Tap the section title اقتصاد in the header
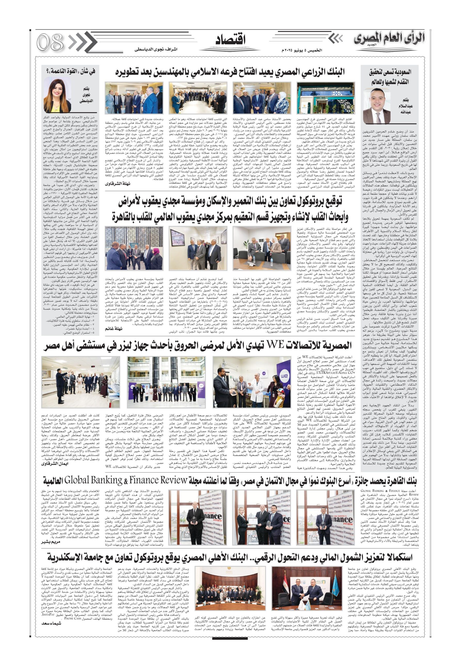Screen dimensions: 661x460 tap(230, 40)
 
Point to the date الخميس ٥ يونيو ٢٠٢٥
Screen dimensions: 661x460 tap(302, 50)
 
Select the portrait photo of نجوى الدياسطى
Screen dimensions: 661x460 tap(57, 96)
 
